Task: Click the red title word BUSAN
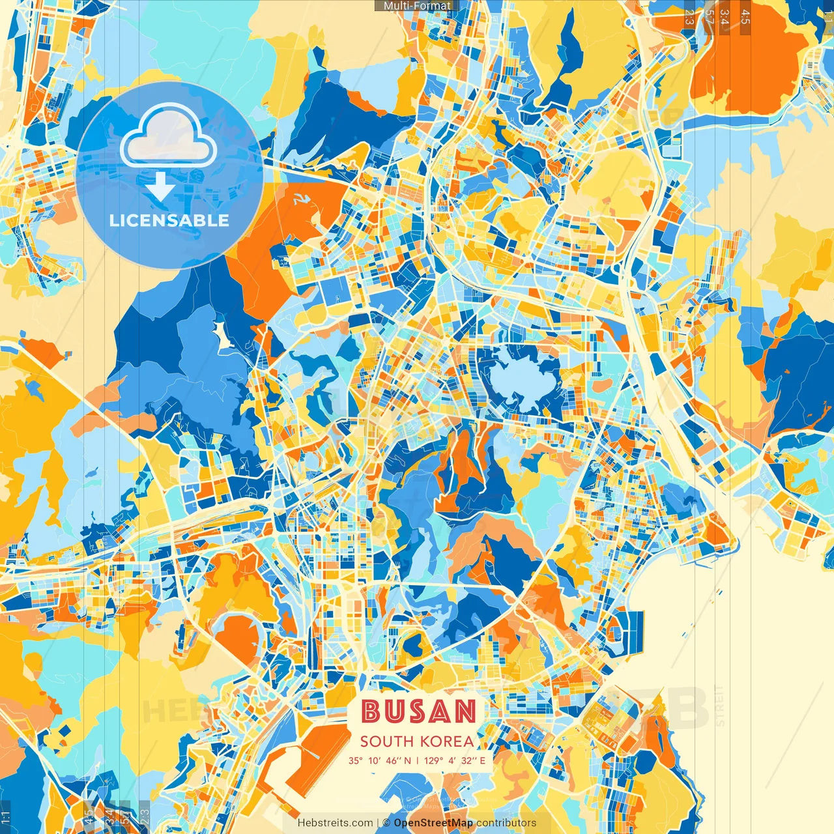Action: click(418, 712)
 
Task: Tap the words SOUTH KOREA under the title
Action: click(417, 741)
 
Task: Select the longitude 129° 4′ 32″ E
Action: click(455, 760)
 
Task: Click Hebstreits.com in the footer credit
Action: click(336, 823)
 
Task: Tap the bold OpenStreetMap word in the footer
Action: click(433, 823)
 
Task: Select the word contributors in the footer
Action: click(506, 823)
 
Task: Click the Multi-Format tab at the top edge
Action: click(417, 6)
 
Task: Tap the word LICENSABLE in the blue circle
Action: click(169, 220)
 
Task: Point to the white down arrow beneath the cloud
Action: click(160, 187)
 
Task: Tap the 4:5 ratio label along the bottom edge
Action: click(89, 816)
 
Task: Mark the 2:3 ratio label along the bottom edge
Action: click(145, 816)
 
